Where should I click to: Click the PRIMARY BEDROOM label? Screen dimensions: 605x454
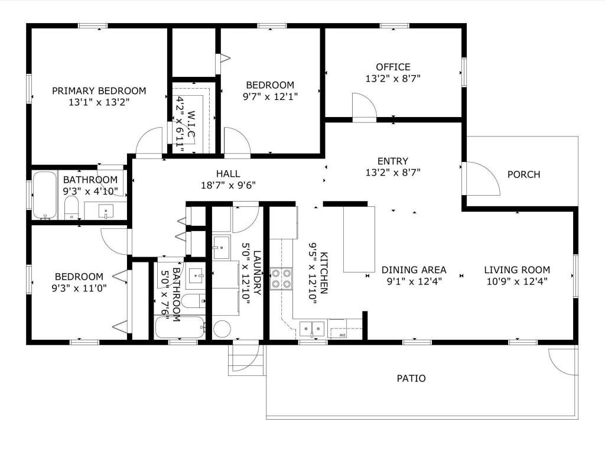(x=99, y=90)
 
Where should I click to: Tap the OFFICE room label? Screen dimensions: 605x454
(x=393, y=67)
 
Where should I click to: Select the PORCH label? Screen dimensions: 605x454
(x=523, y=174)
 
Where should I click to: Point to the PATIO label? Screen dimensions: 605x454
(x=411, y=378)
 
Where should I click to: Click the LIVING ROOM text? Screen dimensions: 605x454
(x=517, y=270)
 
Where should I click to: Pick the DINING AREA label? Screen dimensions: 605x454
(x=414, y=270)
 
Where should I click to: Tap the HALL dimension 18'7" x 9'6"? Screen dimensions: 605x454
(x=229, y=185)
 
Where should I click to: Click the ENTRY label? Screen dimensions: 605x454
(x=393, y=161)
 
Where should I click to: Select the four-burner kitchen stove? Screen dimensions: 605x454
(x=281, y=279)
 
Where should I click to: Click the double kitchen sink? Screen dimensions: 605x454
(x=312, y=329)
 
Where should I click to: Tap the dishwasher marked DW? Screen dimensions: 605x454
(x=337, y=329)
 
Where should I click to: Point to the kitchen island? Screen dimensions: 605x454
(x=359, y=239)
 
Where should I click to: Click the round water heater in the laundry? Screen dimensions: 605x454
(x=222, y=329)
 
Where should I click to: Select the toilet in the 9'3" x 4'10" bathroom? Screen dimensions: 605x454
(x=71, y=207)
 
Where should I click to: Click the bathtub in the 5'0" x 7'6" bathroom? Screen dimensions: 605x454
(x=180, y=327)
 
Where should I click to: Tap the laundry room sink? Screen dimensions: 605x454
(x=222, y=247)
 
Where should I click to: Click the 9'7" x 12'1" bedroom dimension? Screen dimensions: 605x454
(x=270, y=96)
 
